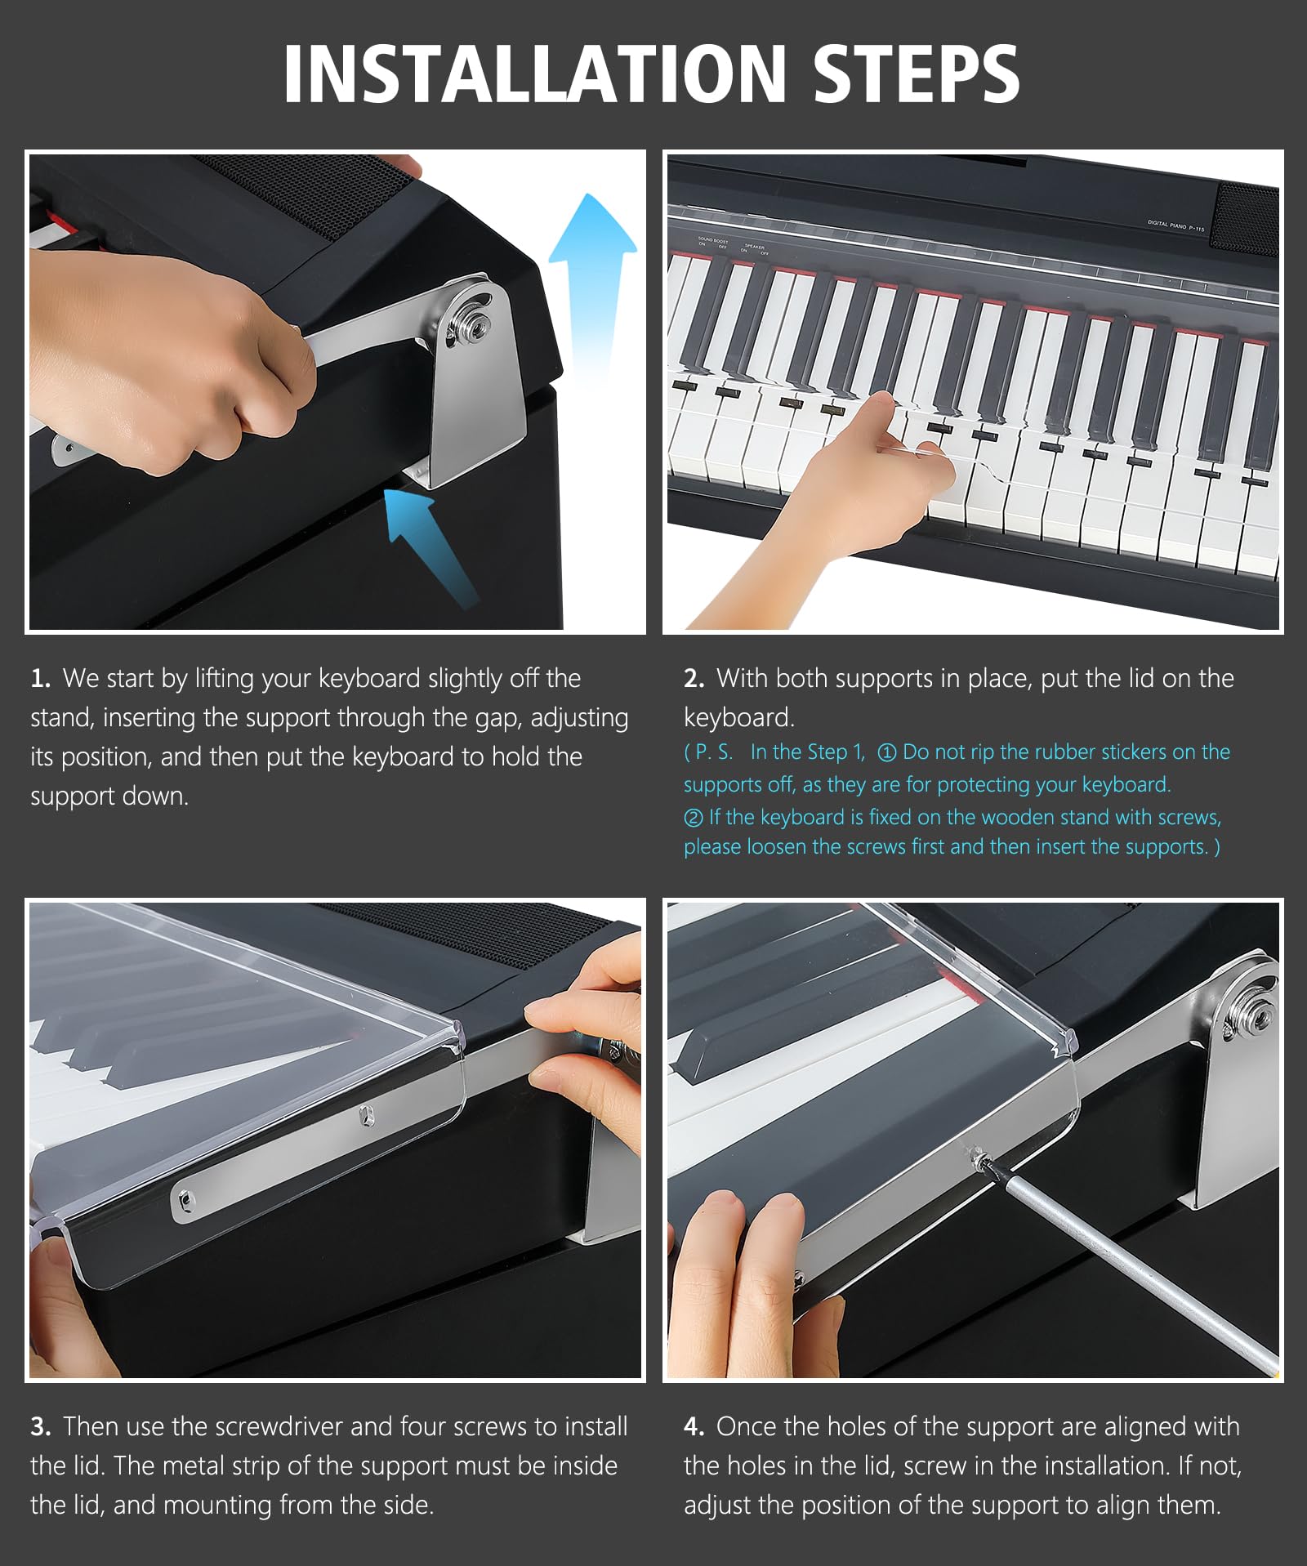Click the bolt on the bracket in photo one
[x=471, y=328]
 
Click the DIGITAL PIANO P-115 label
[x=1175, y=225]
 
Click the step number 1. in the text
[x=41, y=679]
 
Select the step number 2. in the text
[x=694, y=679]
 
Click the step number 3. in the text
[x=41, y=1427]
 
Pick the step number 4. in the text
[x=694, y=1427]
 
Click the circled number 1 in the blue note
[x=886, y=753]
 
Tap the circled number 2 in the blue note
[x=694, y=818]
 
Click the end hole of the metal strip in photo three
[x=187, y=1198]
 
